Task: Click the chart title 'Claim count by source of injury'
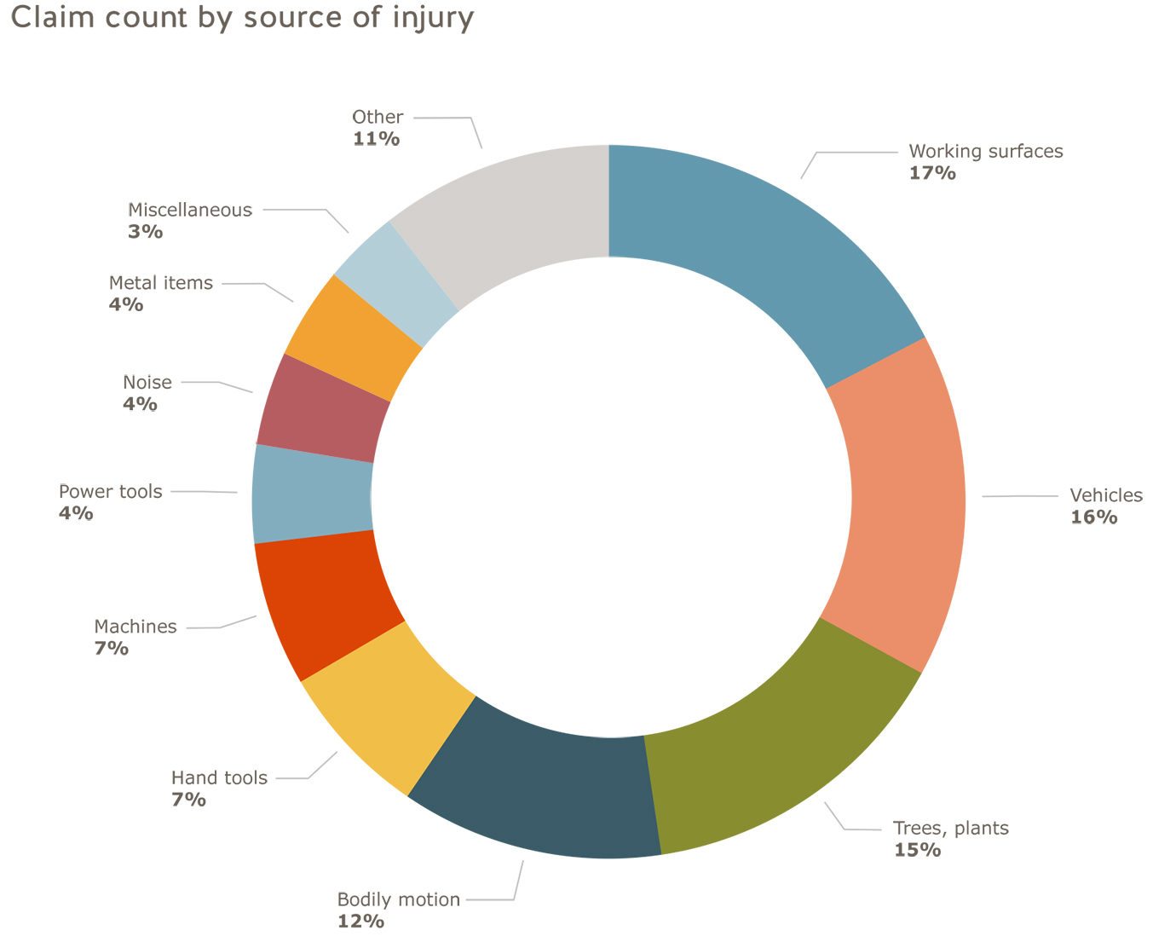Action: click(242, 17)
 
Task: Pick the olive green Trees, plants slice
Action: click(784, 750)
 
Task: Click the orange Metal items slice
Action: click(354, 337)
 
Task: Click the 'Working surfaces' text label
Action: click(986, 152)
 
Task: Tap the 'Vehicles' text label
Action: click(1106, 496)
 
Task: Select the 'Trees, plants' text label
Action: click(950, 828)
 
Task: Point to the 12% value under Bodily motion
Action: click(360, 922)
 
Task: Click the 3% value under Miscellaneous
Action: click(145, 232)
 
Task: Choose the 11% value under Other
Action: click(376, 139)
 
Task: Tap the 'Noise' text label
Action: click(147, 383)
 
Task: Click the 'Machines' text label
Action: click(135, 627)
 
